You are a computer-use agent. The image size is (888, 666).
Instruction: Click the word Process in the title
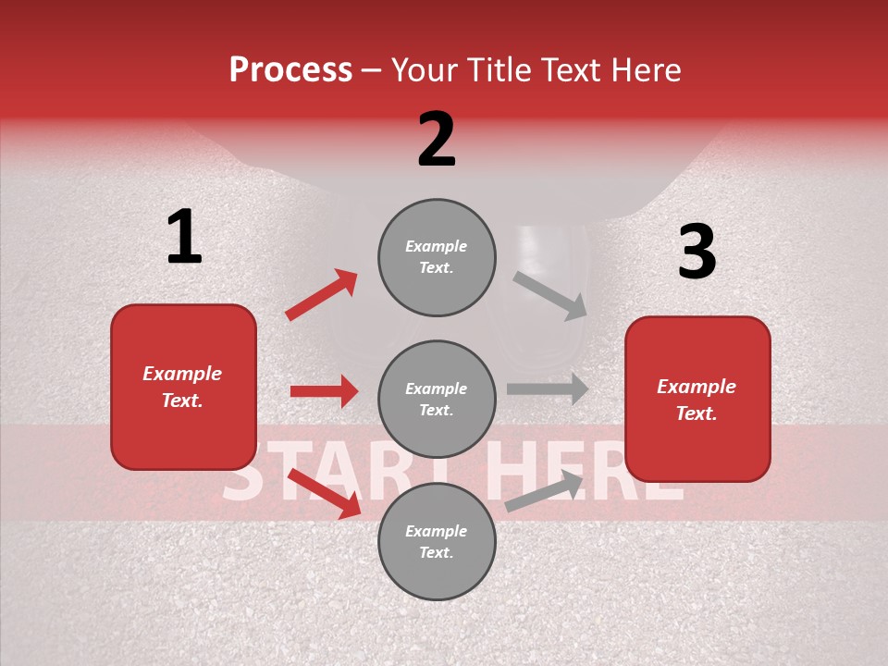290,70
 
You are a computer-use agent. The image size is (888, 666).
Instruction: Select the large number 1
184,237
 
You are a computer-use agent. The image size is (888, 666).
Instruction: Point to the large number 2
437,140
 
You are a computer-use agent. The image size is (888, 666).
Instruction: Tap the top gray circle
437,257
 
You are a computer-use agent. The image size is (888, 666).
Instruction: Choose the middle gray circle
437,400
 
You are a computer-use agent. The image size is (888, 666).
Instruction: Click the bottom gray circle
437,542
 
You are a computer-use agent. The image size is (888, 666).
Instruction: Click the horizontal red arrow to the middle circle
324,391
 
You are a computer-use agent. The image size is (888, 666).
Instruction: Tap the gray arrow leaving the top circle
550,295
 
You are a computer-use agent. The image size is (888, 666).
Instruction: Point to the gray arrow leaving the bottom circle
545,491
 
